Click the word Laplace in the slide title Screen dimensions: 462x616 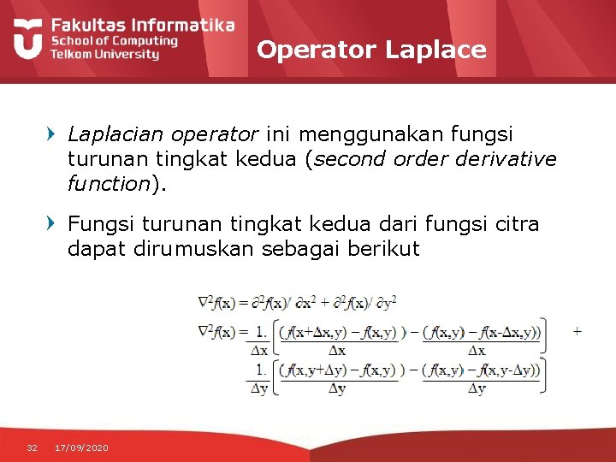435,50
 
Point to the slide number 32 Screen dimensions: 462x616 33,447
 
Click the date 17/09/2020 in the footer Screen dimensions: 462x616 81,447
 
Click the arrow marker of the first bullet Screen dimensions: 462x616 52,134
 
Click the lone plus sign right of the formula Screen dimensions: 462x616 577,329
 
